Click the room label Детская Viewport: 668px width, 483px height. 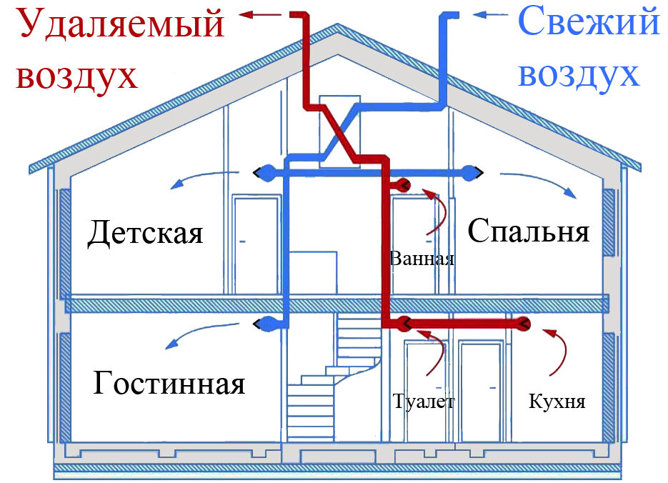146,234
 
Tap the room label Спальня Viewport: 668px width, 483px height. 529,231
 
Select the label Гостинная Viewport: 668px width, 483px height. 169,384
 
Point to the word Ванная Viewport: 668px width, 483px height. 422,258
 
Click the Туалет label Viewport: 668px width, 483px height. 423,401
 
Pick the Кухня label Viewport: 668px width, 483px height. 557,401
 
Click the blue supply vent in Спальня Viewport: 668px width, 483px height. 472,171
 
